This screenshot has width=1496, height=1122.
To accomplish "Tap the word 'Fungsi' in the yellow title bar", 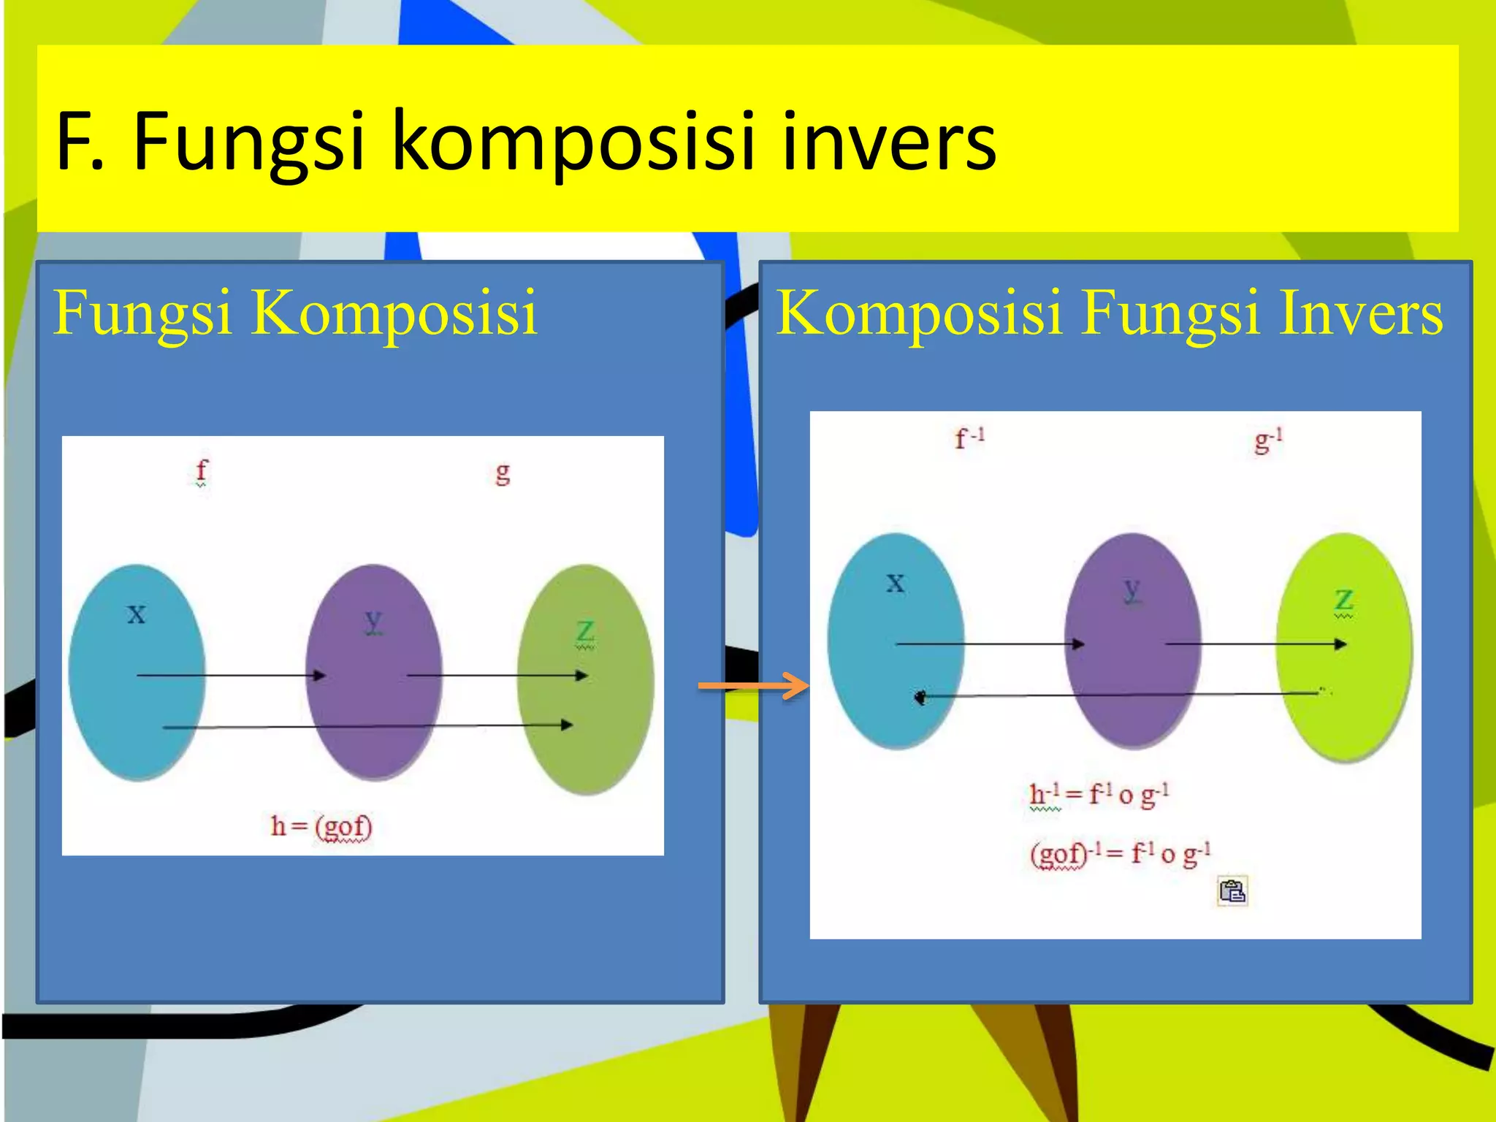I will click(248, 142).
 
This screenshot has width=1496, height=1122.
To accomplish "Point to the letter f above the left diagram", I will click(202, 471).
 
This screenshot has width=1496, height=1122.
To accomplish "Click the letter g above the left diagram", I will click(503, 473).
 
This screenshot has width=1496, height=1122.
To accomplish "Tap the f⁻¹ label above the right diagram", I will click(970, 438).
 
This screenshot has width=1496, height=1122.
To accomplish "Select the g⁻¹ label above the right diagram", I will click(1269, 440).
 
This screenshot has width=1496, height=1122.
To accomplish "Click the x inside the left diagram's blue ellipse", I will click(137, 614).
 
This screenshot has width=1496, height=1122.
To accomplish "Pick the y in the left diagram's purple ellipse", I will click(373, 622).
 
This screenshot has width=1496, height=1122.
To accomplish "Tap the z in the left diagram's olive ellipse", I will click(585, 632).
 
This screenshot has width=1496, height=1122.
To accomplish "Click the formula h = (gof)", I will click(321, 827).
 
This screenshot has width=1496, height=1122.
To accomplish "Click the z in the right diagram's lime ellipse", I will click(1344, 601).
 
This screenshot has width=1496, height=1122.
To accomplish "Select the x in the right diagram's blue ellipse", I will click(896, 583).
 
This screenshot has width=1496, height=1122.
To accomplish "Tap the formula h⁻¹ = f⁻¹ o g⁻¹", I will click(1099, 795).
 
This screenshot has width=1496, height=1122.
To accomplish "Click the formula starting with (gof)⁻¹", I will click(1120, 853).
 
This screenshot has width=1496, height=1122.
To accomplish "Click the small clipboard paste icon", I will click(1232, 891).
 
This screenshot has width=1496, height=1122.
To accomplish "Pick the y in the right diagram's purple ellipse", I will click(1132, 589).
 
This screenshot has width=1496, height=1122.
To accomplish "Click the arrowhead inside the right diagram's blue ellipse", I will click(920, 697).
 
